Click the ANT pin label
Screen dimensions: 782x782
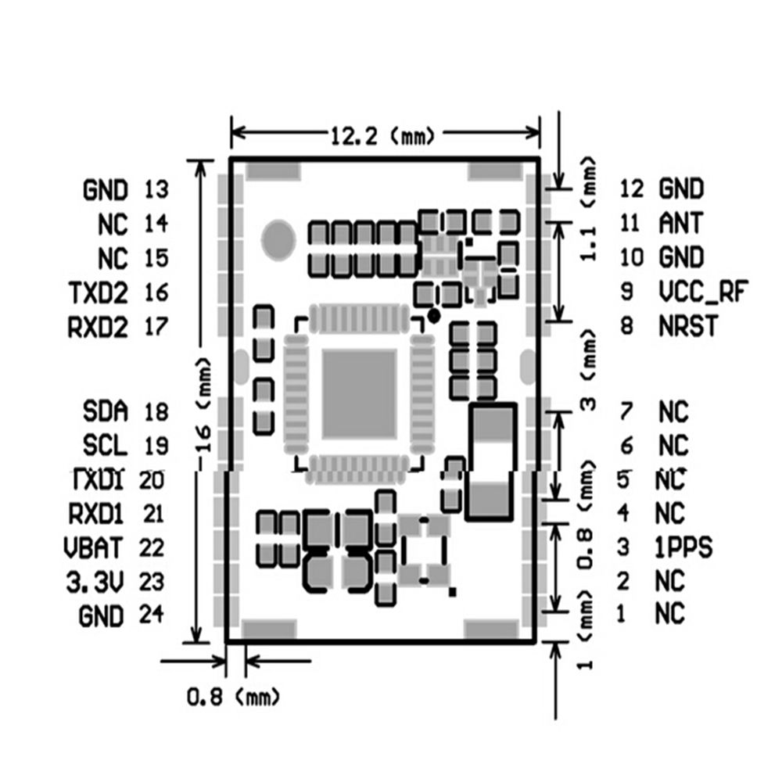coord(680,223)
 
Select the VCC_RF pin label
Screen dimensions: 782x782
coord(699,292)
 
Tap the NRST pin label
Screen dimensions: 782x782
coord(687,325)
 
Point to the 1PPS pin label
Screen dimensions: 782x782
coord(683,548)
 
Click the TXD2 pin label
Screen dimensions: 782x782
coord(98,292)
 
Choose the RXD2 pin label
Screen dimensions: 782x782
coord(98,326)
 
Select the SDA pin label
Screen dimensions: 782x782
coord(104,411)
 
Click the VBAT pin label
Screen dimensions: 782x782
coord(95,547)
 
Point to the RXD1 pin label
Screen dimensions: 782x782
coord(96,514)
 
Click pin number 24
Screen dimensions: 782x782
coord(152,615)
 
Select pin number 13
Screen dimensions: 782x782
coord(156,189)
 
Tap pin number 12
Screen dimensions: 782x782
coord(630,188)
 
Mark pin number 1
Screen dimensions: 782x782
coord(621,615)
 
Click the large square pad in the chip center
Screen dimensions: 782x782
coord(360,393)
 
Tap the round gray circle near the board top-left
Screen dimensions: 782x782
coord(278,238)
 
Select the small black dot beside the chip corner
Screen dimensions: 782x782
coord(433,314)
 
